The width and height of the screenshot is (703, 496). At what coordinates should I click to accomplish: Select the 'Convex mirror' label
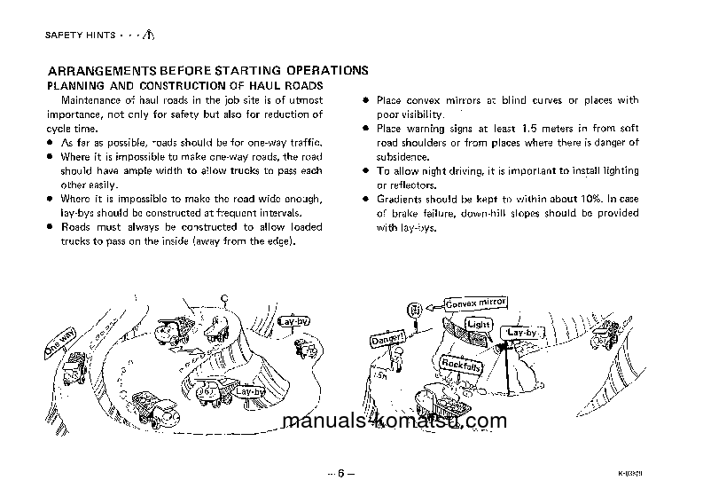tap(475, 306)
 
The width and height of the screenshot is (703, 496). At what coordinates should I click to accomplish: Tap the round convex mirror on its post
tap(412, 311)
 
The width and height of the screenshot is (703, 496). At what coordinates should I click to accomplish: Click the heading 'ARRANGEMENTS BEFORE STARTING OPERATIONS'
tap(207, 70)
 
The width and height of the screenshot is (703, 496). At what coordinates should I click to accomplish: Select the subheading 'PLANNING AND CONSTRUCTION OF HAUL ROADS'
tap(184, 85)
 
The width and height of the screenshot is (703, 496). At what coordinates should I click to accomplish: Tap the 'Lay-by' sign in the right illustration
tap(522, 333)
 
